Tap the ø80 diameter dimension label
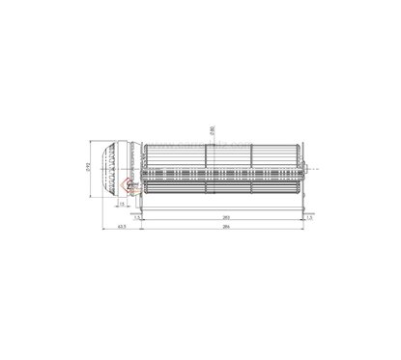pyautogui.click(x=211, y=129)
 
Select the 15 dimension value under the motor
pyautogui.click(x=124, y=203)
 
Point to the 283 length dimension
pyautogui.click(x=225, y=218)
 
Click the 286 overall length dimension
pyautogui.click(x=225, y=230)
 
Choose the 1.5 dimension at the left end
pyautogui.click(x=138, y=218)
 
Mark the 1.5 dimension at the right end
pyautogui.click(x=308, y=218)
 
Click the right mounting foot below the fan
pyautogui.click(x=303, y=204)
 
